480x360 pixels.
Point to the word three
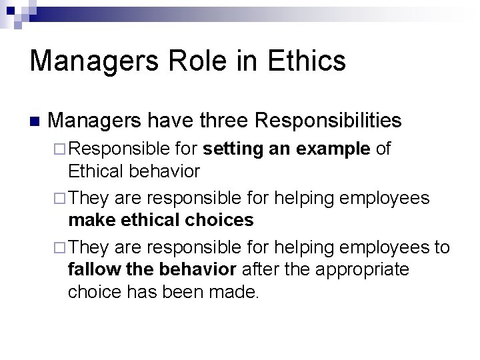(x=219, y=121)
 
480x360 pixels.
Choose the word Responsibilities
(x=329, y=121)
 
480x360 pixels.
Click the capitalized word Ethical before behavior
(x=95, y=171)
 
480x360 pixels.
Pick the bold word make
(x=90, y=220)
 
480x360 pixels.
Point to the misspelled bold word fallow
(x=93, y=269)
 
